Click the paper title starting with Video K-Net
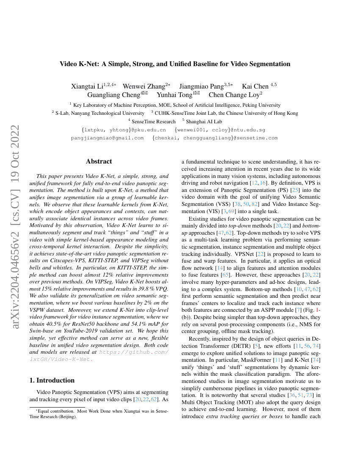click(175, 64)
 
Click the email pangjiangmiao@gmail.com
click(107, 138)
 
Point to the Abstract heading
click(99, 161)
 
